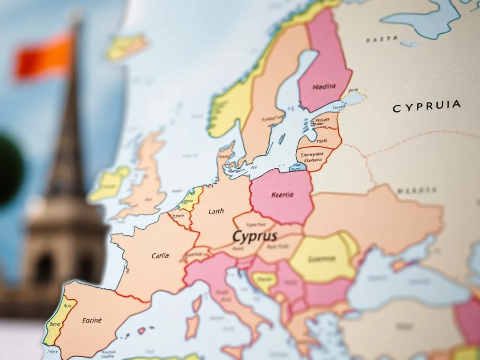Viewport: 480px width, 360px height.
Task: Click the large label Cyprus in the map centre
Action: coord(255,236)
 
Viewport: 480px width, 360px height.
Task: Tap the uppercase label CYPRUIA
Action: coord(426,106)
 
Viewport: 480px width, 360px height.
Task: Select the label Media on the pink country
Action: coord(324,86)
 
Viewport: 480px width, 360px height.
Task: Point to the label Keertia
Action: coord(282,195)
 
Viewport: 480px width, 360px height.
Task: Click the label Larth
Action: coord(216,211)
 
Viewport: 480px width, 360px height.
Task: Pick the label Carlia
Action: coord(160,256)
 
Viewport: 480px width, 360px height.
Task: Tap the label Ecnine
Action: coord(91,321)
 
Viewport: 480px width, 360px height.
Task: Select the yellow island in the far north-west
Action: coord(127,47)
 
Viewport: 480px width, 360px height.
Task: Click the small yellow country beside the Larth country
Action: coord(192,198)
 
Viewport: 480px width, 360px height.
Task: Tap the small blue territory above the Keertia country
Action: coord(298,167)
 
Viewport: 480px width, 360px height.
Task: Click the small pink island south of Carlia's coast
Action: coord(141,330)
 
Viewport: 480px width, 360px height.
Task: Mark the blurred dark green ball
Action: coord(8,169)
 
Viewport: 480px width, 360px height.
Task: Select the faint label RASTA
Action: coord(382,39)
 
